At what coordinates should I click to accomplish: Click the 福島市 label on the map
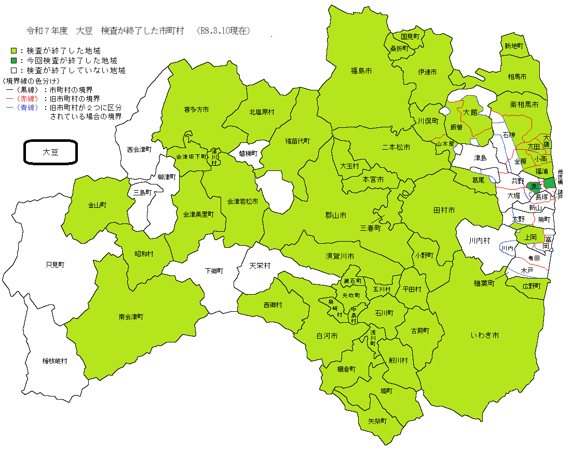[361, 71]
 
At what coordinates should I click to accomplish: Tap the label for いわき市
[485, 336]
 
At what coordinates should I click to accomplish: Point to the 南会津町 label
[130, 316]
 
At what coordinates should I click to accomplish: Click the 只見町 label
[55, 264]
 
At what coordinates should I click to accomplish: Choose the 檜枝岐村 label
[55, 361]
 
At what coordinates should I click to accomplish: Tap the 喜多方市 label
[196, 110]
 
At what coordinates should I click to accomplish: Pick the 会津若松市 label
[242, 201]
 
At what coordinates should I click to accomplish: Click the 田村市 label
[444, 210]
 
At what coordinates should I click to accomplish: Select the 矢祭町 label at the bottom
[377, 421]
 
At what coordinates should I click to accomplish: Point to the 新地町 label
[513, 46]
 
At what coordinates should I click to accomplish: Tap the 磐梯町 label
[248, 153]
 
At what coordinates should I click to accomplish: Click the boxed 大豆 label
[50, 152]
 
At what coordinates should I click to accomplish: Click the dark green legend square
[14, 60]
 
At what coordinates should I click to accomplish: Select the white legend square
[14, 70]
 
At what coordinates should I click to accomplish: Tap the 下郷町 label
[213, 271]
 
